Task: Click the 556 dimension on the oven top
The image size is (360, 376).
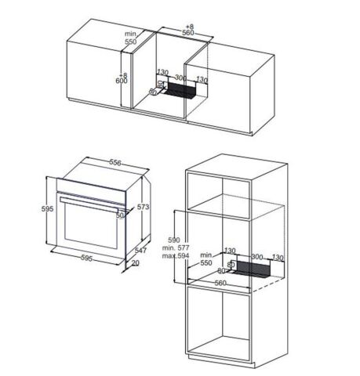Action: (x=115, y=163)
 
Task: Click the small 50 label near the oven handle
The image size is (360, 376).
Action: (x=121, y=215)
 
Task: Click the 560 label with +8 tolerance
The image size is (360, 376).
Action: (x=187, y=34)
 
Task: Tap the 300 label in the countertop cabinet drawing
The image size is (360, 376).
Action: (x=180, y=79)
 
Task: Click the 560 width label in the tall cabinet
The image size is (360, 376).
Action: (x=221, y=283)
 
